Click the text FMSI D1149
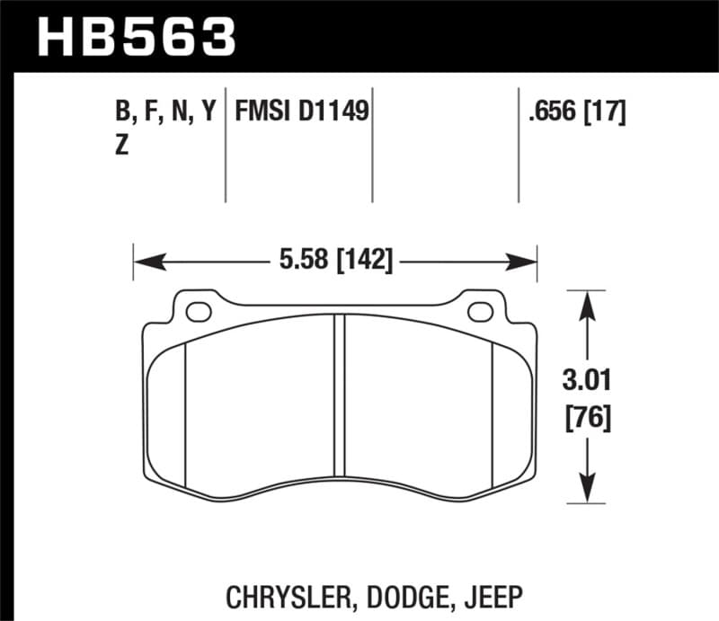[x=302, y=112]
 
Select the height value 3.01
[x=587, y=382]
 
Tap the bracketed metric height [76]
[x=587, y=418]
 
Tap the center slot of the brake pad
[x=340, y=395]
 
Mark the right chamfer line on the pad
[x=493, y=413]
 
